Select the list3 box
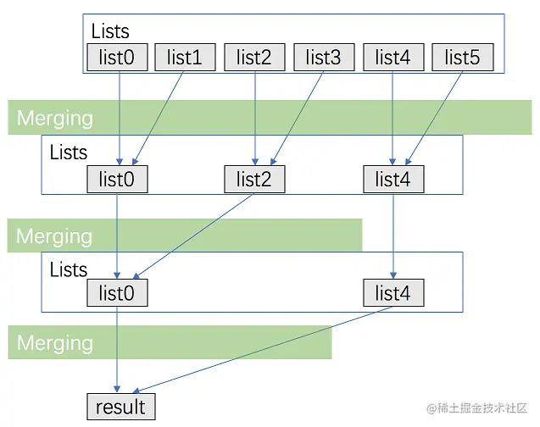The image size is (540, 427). pyautogui.click(x=324, y=58)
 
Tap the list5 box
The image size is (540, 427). pyautogui.click(x=463, y=58)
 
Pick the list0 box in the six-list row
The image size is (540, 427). pyautogui.click(x=117, y=58)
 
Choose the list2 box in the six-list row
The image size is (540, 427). pyautogui.click(x=254, y=58)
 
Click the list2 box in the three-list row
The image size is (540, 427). pyautogui.click(x=254, y=179)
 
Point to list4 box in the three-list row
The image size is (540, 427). pyautogui.click(x=393, y=179)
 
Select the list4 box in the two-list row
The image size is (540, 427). pyautogui.click(x=393, y=293)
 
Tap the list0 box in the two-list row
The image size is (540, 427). pyautogui.click(x=117, y=293)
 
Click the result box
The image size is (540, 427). pyautogui.click(x=121, y=407)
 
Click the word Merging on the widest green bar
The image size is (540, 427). pyautogui.click(x=55, y=118)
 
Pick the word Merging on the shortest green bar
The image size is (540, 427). pyautogui.click(x=55, y=343)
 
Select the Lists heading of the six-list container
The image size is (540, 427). pyautogui.click(x=110, y=31)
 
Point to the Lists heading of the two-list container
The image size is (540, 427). pyautogui.click(x=69, y=269)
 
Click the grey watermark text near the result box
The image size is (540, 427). pyautogui.click(x=478, y=408)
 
